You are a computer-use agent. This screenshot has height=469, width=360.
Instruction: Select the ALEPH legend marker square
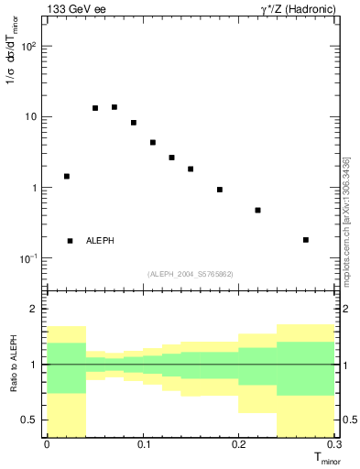point(70,241)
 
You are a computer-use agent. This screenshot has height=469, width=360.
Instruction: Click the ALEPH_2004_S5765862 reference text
point(192,274)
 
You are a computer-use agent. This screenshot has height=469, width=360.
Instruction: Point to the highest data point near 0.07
point(114,107)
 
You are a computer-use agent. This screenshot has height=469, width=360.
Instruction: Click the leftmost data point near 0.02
point(66,176)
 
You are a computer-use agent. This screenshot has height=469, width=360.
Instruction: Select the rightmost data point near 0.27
point(306,240)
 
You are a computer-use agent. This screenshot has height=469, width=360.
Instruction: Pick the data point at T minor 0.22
point(257,210)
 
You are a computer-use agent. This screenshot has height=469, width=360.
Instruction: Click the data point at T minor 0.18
point(220,190)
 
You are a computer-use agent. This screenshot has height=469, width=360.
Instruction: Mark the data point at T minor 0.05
point(95,108)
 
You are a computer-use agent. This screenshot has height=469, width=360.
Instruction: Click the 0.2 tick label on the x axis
point(238,444)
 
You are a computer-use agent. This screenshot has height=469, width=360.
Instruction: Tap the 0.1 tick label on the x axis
point(142,444)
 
